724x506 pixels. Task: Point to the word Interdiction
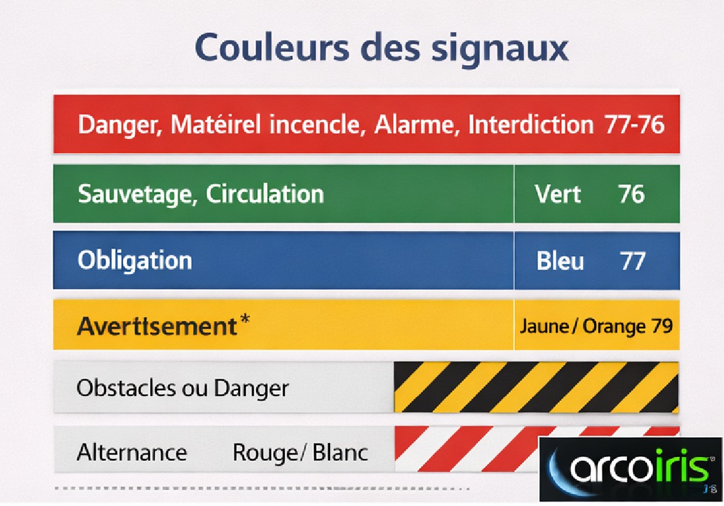pyautogui.click(x=530, y=124)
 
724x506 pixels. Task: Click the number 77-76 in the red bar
pyautogui.click(x=634, y=124)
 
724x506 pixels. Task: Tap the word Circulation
pyautogui.click(x=265, y=194)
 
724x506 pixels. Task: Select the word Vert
pyautogui.click(x=557, y=194)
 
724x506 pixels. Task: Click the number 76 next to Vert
pyautogui.click(x=631, y=194)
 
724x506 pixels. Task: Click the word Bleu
pyautogui.click(x=560, y=261)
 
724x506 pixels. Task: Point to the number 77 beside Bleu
pyautogui.click(x=632, y=261)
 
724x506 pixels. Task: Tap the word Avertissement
pyautogui.click(x=157, y=326)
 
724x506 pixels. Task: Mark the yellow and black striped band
pyautogui.click(x=535, y=387)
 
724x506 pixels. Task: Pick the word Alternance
pyautogui.click(x=132, y=453)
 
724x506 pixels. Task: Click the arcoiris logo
pyautogui.click(x=631, y=469)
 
